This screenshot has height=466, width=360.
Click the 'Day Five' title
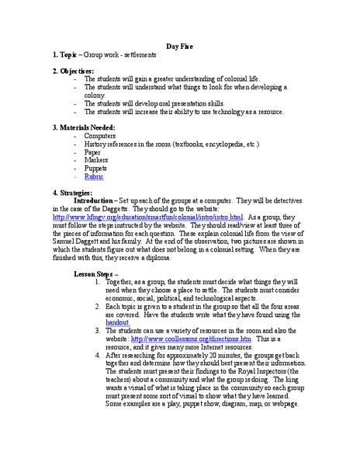(x=181, y=46)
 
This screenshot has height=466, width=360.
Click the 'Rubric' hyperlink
(x=94, y=176)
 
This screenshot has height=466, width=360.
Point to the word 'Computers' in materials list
(x=100, y=136)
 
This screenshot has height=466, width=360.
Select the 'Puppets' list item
(x=96, y=168)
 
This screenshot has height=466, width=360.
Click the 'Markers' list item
(x=97, y=160)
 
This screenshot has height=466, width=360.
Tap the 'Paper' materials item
(x=93, y=152)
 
